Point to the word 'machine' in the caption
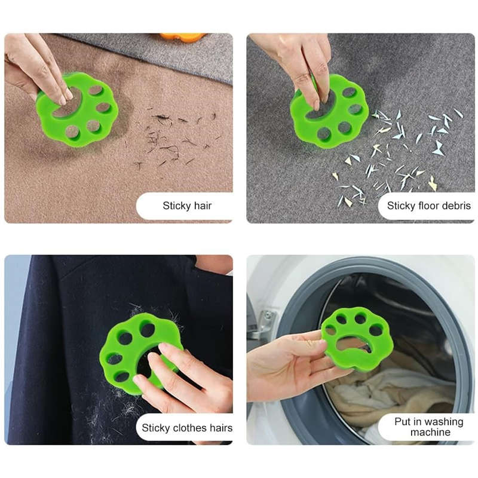pos(430,432)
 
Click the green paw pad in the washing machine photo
pos(357,338)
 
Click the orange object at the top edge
pos(182,37)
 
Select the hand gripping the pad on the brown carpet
pos(39,69)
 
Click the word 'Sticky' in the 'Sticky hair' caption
pos(176,206)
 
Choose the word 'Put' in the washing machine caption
pos(402,422)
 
